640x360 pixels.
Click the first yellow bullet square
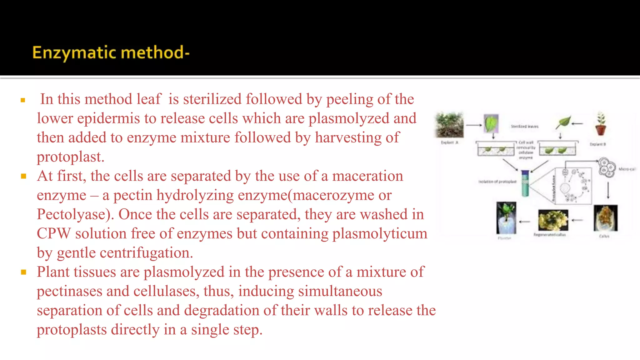point(23,100)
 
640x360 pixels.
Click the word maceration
point(367,176)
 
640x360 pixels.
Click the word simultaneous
point(310,291)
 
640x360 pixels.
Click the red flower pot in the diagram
point(601,128)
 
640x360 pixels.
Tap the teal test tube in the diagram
point(525,184)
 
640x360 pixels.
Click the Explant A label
point(449,142)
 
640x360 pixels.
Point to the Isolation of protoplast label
point(497,182)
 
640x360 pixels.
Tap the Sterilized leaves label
point(524,127)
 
